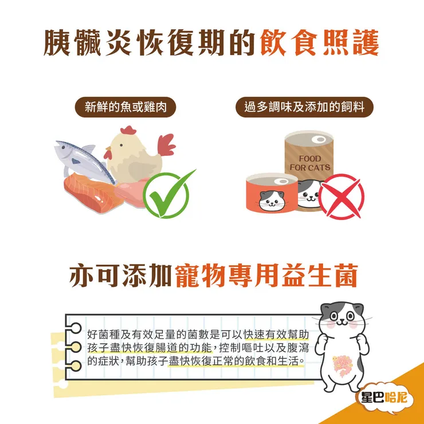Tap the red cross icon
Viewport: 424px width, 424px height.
click(x=341, y=197)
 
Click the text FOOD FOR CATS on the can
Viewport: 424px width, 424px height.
click(x=310, y=163)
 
